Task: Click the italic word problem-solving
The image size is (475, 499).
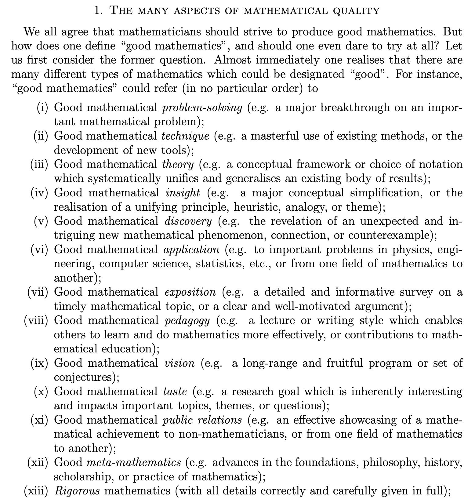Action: (202, 108)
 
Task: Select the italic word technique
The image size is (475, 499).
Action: (185, 136)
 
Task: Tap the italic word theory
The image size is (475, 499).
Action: (178, 164)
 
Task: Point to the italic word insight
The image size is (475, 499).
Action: (183, 193)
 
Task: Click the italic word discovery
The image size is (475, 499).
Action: (188, 221)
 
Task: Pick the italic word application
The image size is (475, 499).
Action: (191, 250)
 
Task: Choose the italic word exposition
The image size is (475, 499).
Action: (190, 292)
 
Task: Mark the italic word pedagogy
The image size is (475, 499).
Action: (187, 320)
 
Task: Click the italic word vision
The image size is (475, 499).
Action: (179, 363)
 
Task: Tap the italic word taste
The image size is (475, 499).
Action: (175, 392)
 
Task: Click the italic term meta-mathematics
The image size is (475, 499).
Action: (134, 462)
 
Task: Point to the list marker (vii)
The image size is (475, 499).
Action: (38, 292)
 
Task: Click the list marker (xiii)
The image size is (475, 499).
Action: (36, 490)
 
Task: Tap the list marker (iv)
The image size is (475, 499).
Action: (39, 193)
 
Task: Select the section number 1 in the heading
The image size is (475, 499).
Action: (97, 11)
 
